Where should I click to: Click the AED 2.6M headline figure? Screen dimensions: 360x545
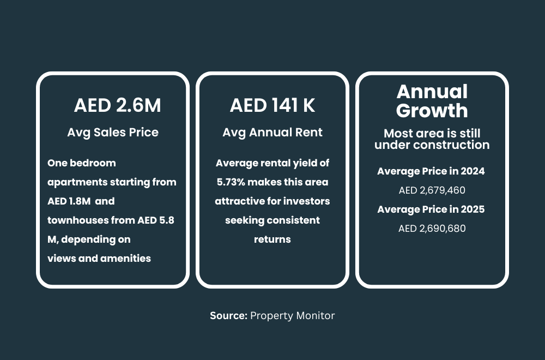(117, 105)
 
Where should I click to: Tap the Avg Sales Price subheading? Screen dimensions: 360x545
(113, 133)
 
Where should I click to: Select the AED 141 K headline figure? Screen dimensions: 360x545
(272, 105)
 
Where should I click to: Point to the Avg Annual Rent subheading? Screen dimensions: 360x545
(272, 133)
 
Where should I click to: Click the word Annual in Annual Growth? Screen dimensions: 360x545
(432, 92)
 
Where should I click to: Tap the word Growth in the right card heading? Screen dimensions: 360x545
(432, 111)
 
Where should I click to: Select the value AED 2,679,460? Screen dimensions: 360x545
(432, 190)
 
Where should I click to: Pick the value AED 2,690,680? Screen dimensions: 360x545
(432, 229)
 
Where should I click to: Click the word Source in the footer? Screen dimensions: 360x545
(228, 315)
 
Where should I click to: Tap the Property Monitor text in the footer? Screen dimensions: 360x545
(292, 315)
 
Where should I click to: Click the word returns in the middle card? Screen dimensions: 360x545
(272, 239)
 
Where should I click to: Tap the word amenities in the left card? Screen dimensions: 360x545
(126, 259)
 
